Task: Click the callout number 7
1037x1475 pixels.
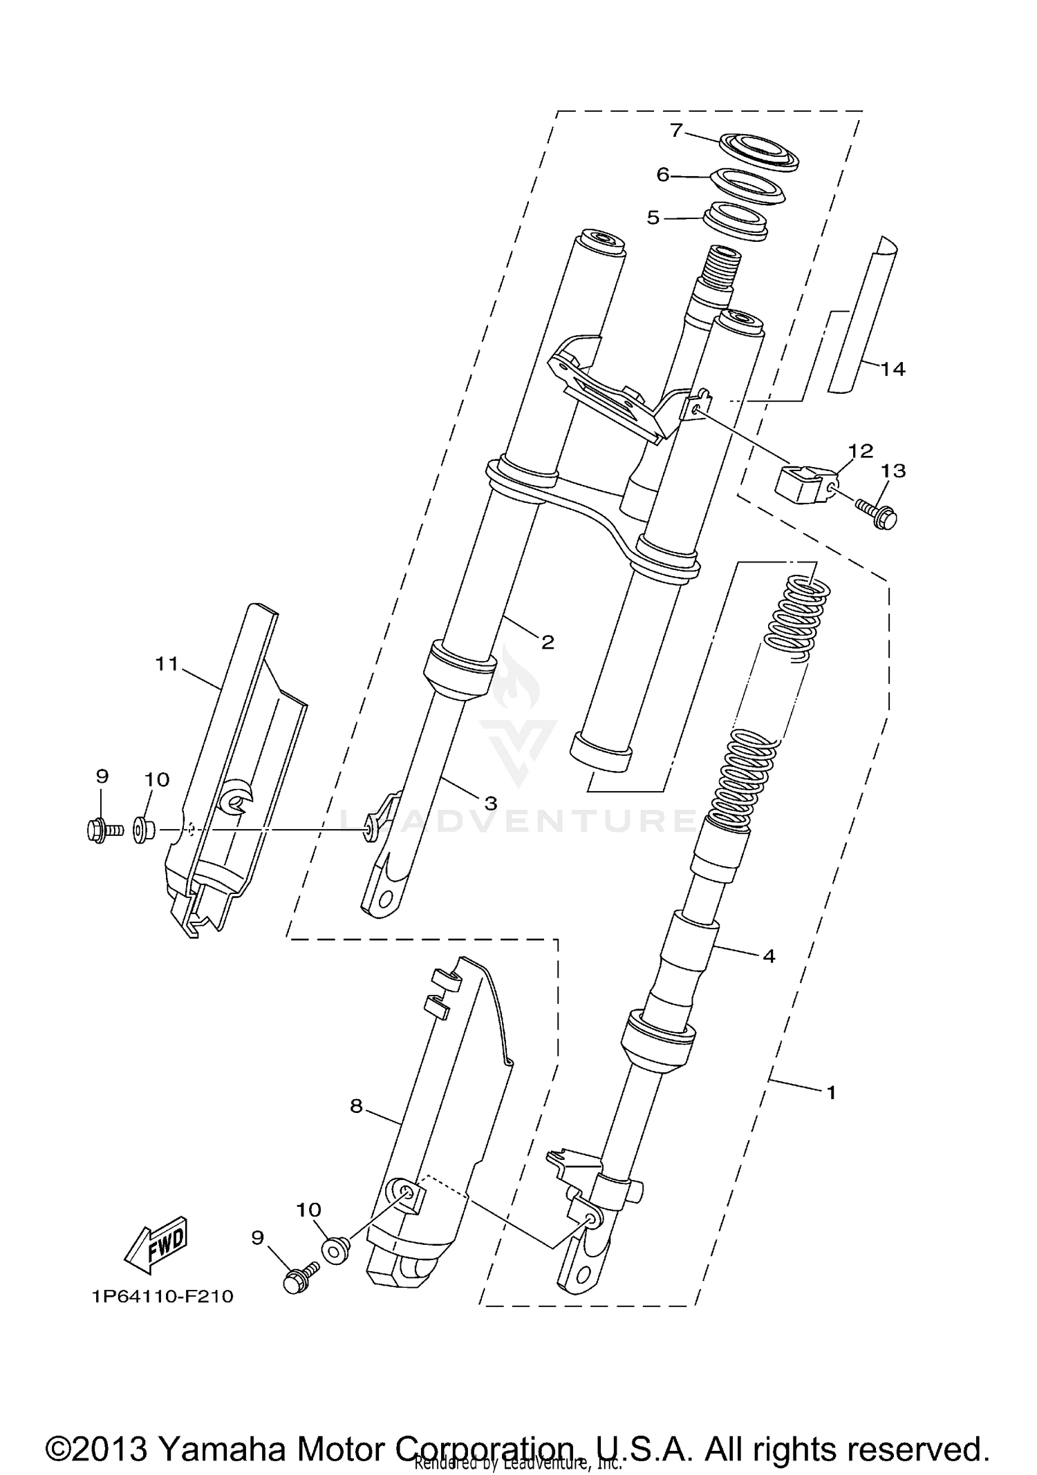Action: click(x=676, y=129)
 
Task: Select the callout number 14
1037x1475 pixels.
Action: click(x=893, y=369)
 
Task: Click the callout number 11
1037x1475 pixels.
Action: click(x=167, y=664)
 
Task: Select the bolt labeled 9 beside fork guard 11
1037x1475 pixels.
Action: click(x=104, y=830)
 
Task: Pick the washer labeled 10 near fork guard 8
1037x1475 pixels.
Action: click(x=335, y=1251)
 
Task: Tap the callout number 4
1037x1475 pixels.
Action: click(x=769, y=956)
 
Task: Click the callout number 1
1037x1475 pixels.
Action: click(x=831, y=1092)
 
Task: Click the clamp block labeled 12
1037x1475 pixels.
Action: click(x=804, y=484)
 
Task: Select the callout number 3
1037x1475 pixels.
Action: click(x=490, y=803)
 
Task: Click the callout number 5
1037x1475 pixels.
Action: click(x=653, y=218)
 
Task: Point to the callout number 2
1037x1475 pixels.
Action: click(x=548, y=643)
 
